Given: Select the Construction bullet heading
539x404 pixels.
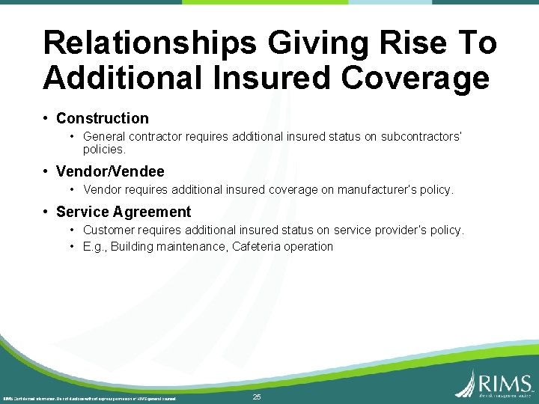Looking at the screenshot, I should pos(103,118).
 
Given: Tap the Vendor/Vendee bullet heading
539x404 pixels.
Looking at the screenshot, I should pos(110,171).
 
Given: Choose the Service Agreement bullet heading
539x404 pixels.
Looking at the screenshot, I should pos(124,212).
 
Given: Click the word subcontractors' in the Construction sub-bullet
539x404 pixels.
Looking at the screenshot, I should pos(422,137).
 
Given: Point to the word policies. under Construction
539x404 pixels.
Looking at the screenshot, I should pos(104,150).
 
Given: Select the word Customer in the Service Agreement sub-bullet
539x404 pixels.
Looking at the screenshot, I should pos(109,230).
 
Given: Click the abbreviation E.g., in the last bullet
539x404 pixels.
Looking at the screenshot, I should pos(97,247).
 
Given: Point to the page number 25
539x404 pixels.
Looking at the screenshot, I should pos(257,397).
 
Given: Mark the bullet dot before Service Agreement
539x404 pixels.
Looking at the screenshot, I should pos(46,212).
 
